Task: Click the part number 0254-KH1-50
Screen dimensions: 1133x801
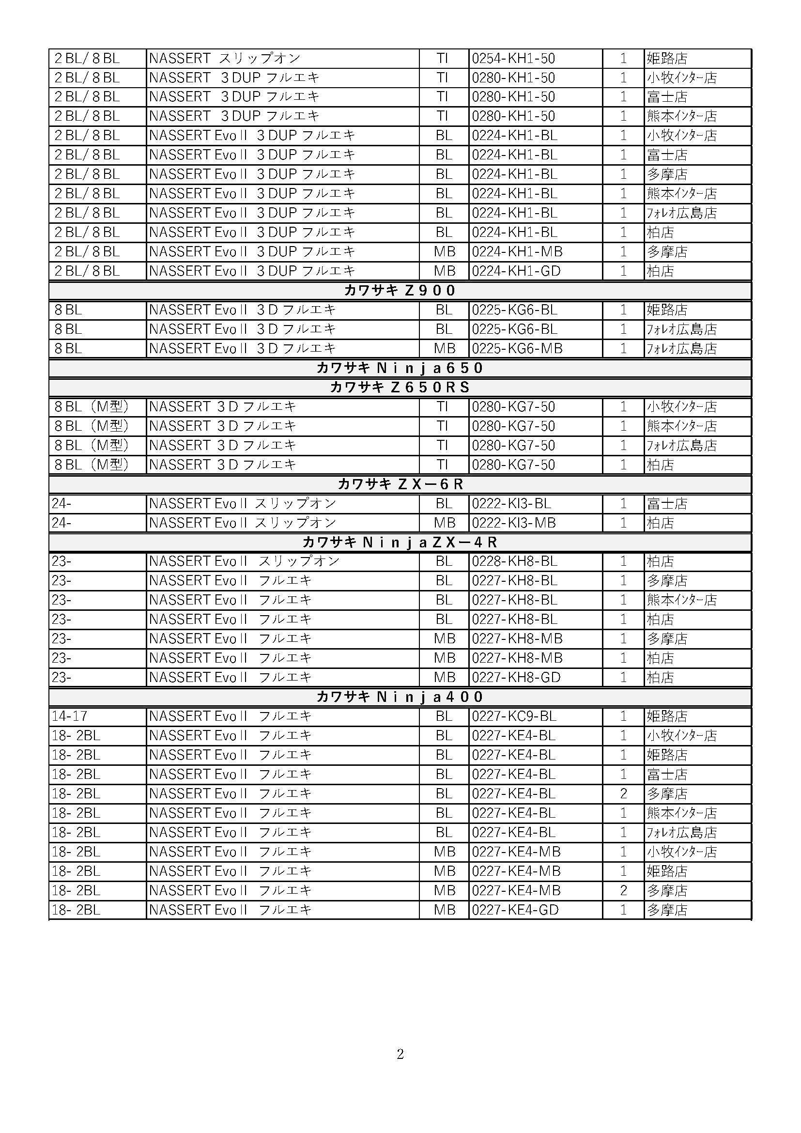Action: click(513, 59)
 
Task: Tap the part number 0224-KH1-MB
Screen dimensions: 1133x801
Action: click(517, 252)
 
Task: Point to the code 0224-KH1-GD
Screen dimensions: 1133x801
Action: click(516, 271)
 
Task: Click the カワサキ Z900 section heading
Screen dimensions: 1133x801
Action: click(400, 291)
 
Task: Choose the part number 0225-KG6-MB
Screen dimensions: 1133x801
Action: click(517, 348)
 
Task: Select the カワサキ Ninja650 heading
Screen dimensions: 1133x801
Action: click(400, 368)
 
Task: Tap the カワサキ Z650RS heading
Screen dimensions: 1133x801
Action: click(400, 388)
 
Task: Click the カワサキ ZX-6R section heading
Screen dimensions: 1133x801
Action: click(400, 484)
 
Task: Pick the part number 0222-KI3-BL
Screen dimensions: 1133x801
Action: click(511, 503)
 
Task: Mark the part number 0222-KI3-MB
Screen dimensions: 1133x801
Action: click(513, 523)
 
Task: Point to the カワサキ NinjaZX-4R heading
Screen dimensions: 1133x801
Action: click(400, 543)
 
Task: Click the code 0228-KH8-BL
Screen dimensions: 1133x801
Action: click(514, 561)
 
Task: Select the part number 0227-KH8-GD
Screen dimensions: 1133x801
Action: click(516, 678)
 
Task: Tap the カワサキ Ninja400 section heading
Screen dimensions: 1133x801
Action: click(400, 697)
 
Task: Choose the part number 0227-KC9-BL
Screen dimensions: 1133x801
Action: click(514, 716)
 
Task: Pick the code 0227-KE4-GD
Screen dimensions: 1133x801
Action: click(515, 910)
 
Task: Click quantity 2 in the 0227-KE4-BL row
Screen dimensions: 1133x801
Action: click(623, 793)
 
